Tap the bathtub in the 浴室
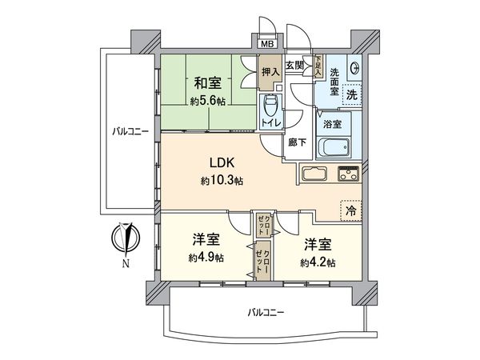point(332,147)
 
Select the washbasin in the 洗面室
point(354,67)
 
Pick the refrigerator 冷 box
point(350,210)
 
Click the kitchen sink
point(313,174)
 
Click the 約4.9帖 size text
point(206,258)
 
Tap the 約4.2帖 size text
point(318,262)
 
